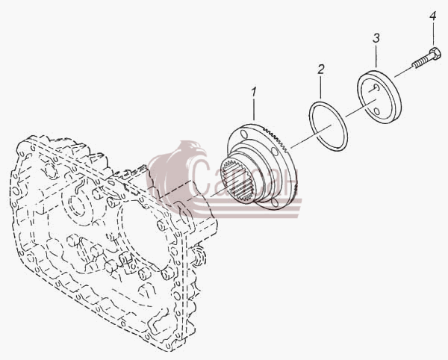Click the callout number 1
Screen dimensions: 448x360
pos(254,92)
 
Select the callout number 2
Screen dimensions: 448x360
pos(321,69)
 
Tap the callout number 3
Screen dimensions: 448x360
pos(376,38)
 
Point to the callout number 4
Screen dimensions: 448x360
pos(432,16)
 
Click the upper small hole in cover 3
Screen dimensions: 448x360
pos(376,87)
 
